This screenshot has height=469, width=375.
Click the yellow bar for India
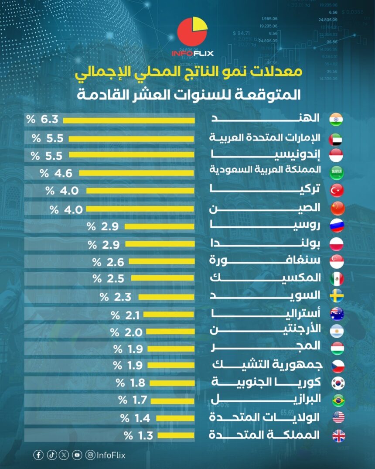(129, 121)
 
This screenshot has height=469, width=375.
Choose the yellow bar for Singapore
(161, 262)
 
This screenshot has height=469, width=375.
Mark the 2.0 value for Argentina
(133, 332)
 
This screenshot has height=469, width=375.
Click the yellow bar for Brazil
(173, 400)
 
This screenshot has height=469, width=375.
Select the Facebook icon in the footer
(38, 455)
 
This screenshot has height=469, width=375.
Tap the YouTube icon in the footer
(77, 455)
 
